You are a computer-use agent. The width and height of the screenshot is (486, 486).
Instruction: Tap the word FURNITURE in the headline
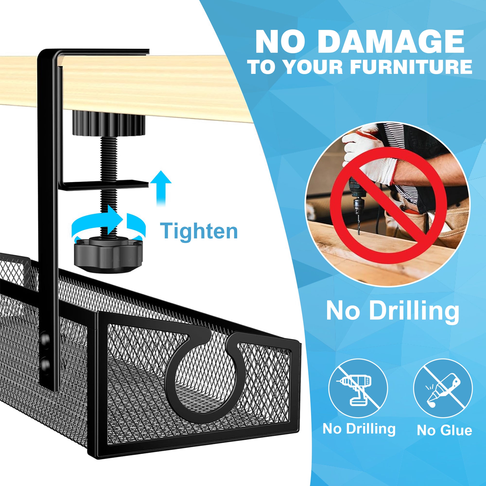411,67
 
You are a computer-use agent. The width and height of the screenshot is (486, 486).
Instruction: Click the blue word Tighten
199,231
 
